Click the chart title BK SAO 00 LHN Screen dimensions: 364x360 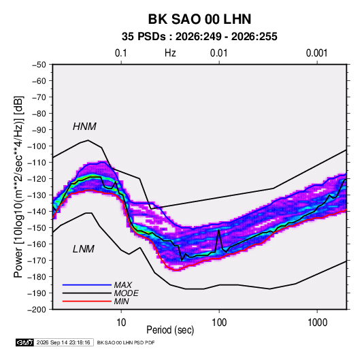[199, 19]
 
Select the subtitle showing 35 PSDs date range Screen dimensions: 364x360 [199, 37]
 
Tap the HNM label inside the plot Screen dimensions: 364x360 [84, 127]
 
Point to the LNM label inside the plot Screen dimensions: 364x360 [84, 249]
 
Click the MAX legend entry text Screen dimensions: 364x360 [122, 285]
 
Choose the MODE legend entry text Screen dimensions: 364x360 [126, 293]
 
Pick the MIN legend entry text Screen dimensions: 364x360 [121, 301]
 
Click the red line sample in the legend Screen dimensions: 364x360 [87, 301]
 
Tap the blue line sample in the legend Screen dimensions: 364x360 [87, 285]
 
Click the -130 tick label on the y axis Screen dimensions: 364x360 [37, 195]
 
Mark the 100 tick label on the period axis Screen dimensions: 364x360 [219, 323]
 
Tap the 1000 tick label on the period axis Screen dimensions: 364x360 [317, 323]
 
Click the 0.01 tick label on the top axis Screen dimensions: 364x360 [218, 53]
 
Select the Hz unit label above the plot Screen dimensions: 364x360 [170, 53]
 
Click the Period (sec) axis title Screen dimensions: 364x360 [170, 330]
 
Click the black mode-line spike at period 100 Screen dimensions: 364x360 [218, 230]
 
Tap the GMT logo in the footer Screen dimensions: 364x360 [24, 342]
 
